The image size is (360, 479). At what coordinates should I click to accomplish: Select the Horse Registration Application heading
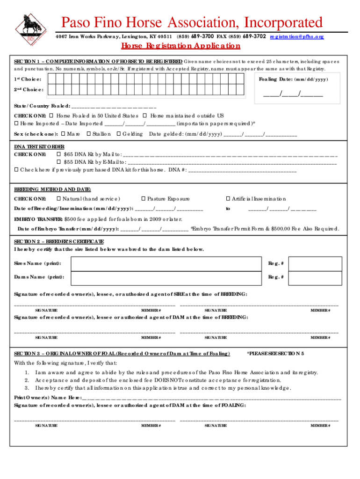click(x=180, y=46)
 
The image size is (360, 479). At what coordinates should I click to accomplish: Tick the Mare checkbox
click(x=63, y=134)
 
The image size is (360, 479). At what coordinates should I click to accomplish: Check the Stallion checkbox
click(x=88, y=134)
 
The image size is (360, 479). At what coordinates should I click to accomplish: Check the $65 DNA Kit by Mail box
click(x=58, y=154)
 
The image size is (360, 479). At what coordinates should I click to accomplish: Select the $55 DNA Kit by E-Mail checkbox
click(x=58, y=162)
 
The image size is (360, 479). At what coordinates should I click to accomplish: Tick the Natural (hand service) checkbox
click(x=58, y=199)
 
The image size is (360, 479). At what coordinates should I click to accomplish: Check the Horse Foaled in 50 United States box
click(x=52, y=116)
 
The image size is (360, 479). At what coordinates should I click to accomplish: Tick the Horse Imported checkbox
click(x=16, y=123)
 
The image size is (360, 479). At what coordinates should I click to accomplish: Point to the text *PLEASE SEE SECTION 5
click(x=275, y=353)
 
